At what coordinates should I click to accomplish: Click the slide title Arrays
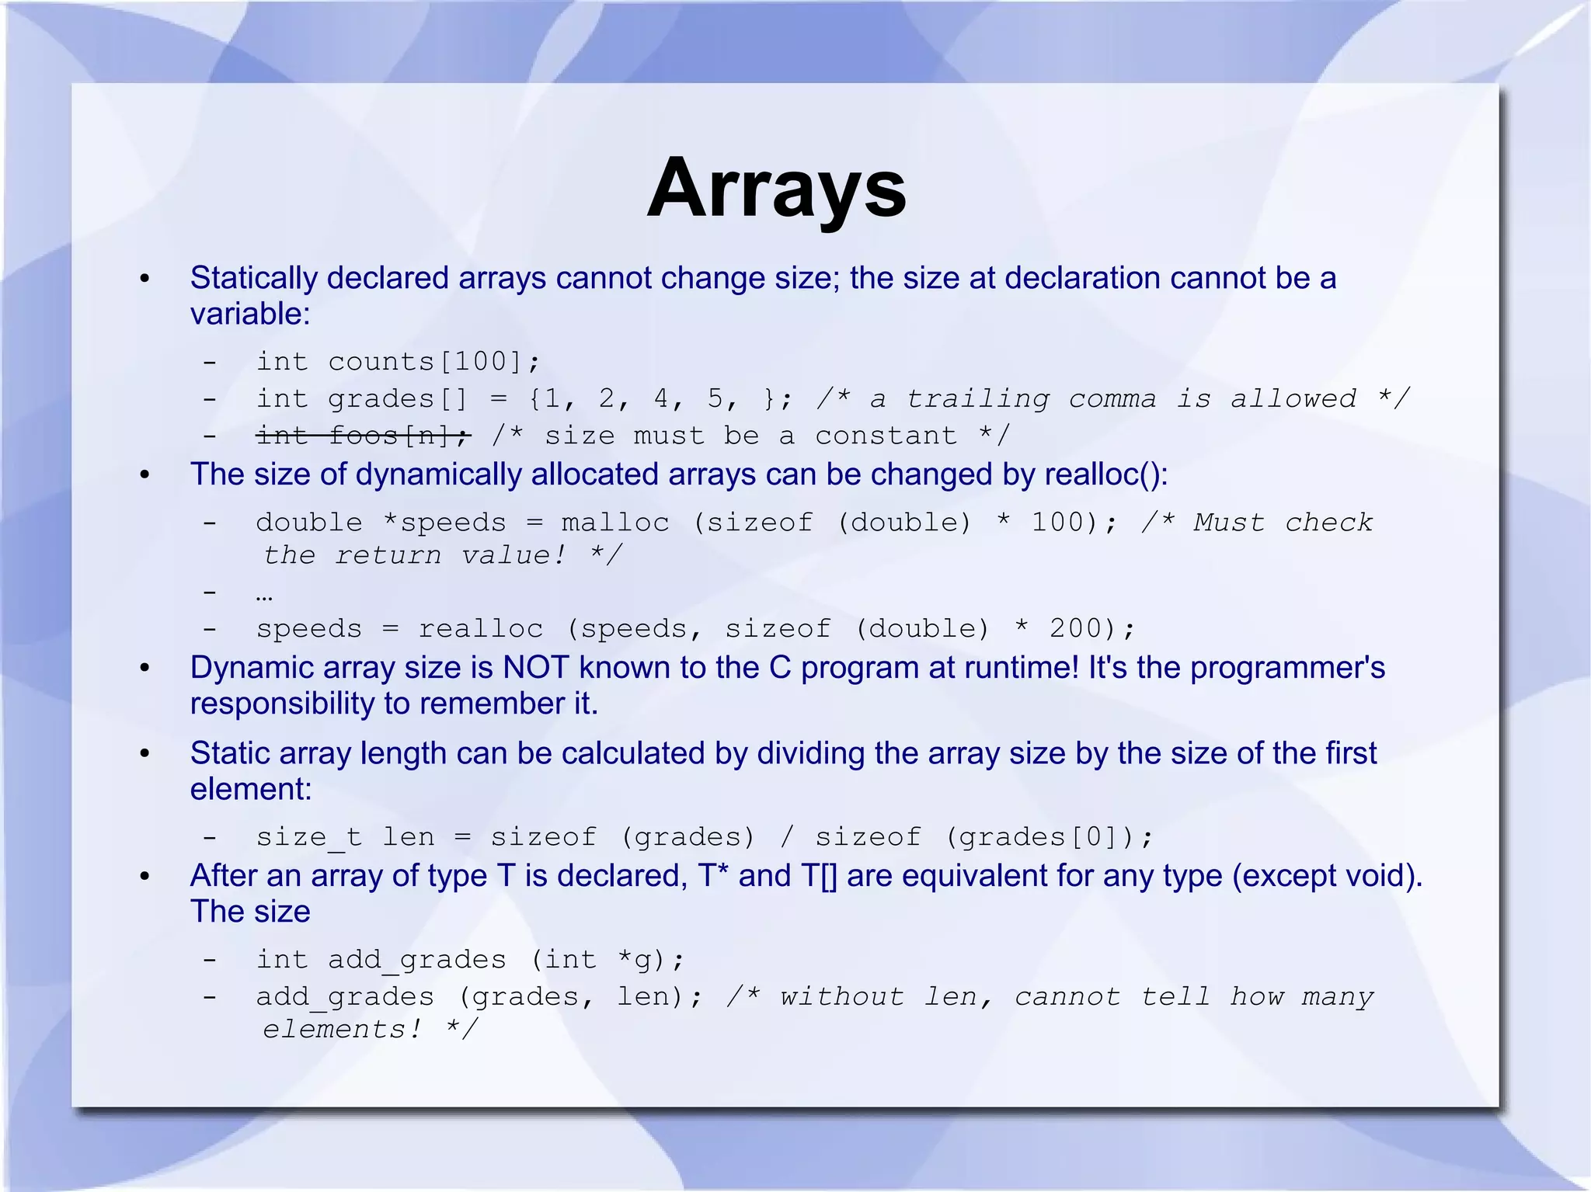click(776, 189)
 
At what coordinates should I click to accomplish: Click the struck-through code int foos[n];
click(364, 436)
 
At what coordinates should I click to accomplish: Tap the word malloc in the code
click(615, 523)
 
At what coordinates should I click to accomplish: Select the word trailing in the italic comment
click(977, 399)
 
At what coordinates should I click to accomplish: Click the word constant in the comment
click(886, 436)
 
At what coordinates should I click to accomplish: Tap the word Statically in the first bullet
click(253, 278)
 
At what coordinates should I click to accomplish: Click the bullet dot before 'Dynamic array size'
click(144, 669)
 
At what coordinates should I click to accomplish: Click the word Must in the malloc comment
click(1229, 523)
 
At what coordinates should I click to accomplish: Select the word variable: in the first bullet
click(250, 314)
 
